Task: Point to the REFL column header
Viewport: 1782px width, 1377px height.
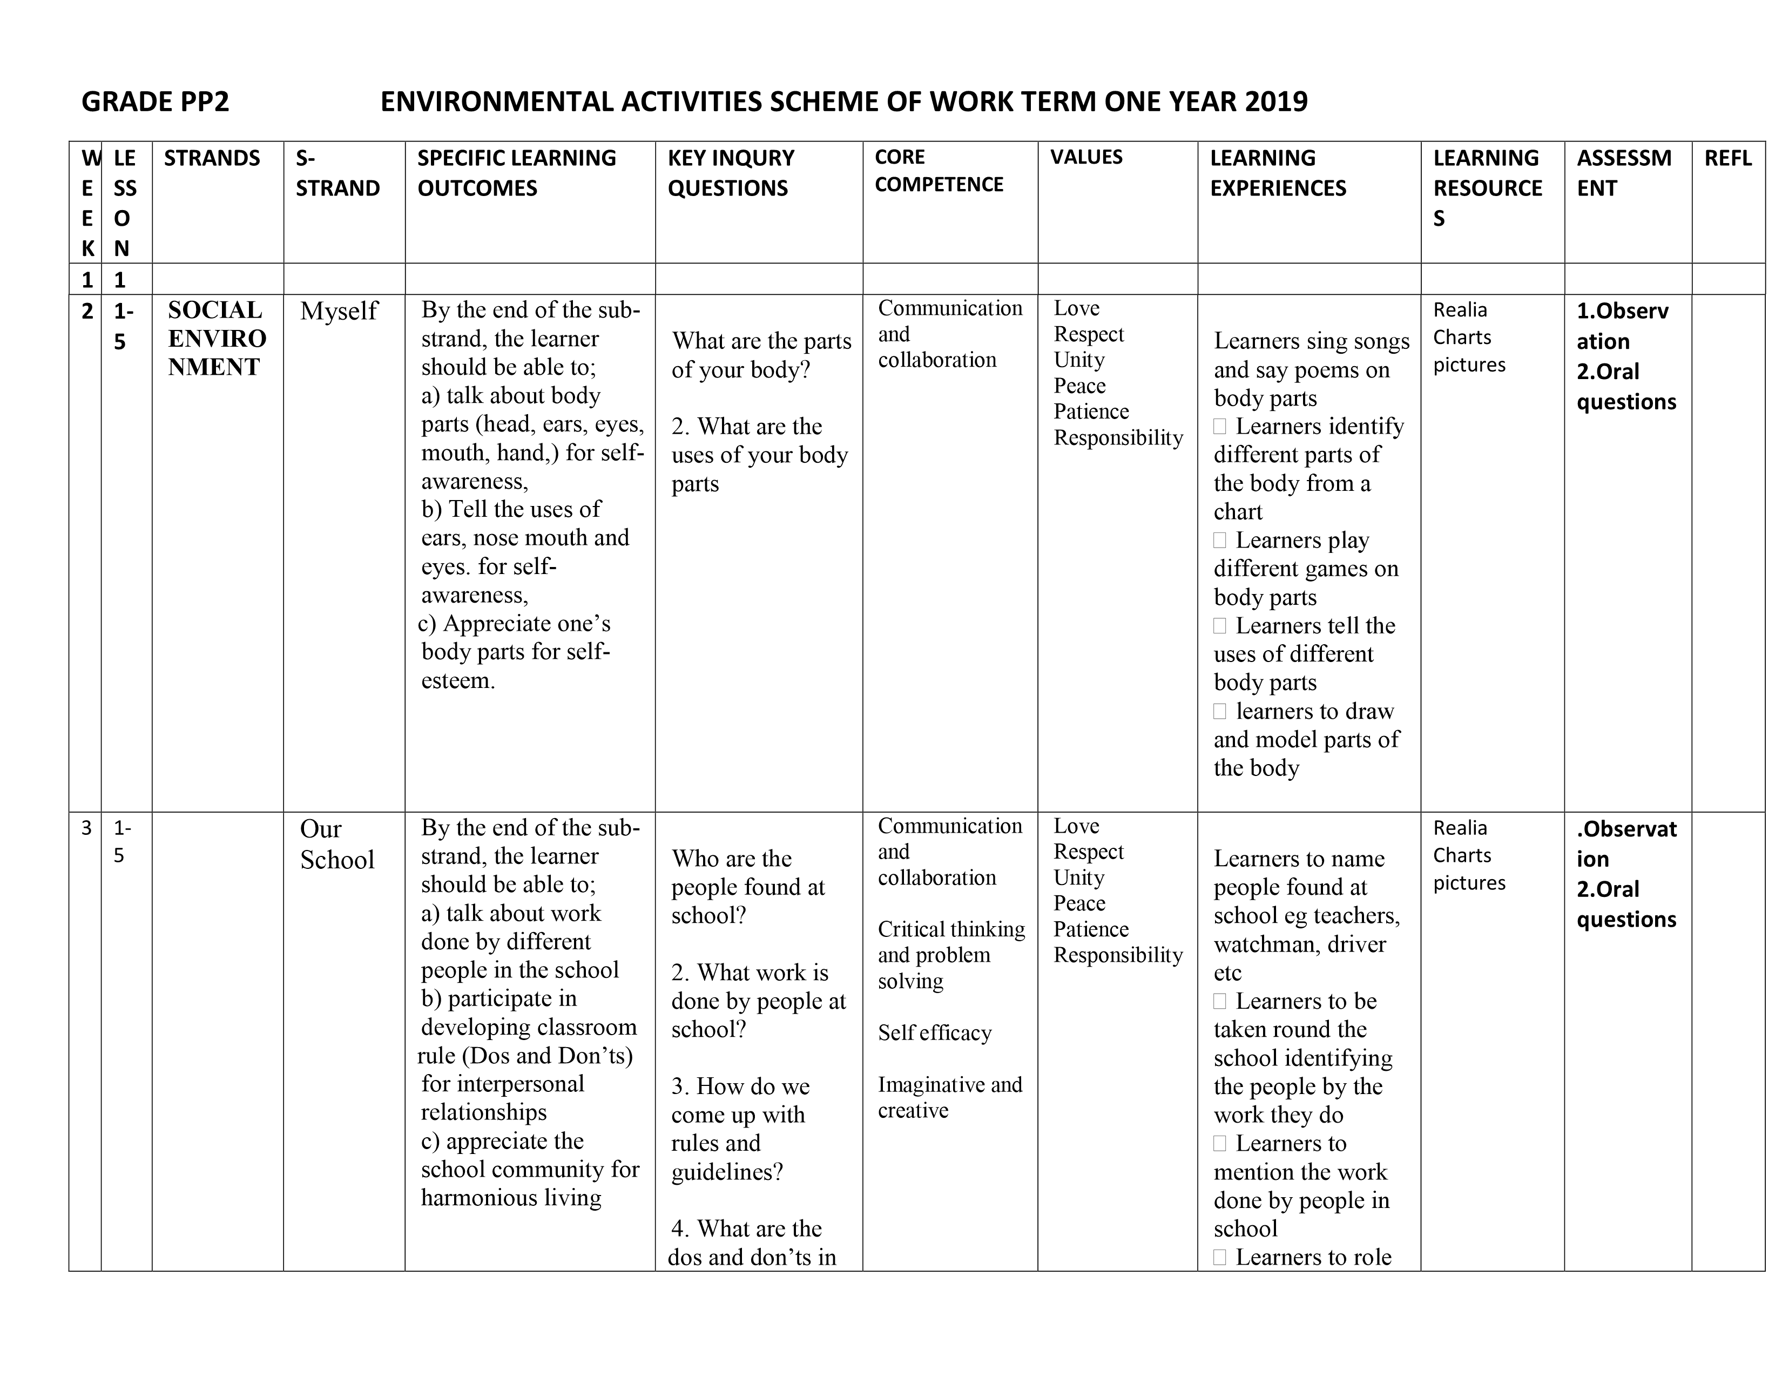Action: click(x=1727, y=158)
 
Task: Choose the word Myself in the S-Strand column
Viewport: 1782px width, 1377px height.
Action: click(x=339, y=311)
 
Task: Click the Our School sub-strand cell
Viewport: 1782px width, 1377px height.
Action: click(x=337, y=845)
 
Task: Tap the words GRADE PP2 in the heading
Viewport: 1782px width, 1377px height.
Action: click(x=155, y=102)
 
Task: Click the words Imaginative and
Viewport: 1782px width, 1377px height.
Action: click(x=950, y=1085)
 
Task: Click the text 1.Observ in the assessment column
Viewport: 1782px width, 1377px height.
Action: click(x=1622, y=311)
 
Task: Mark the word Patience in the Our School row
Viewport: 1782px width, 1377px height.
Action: click(x=1091, y=929)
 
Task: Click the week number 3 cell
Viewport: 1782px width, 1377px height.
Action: click(x=86, y=829)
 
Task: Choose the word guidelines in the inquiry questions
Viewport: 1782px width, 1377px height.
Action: click(x=726, y=1172)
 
